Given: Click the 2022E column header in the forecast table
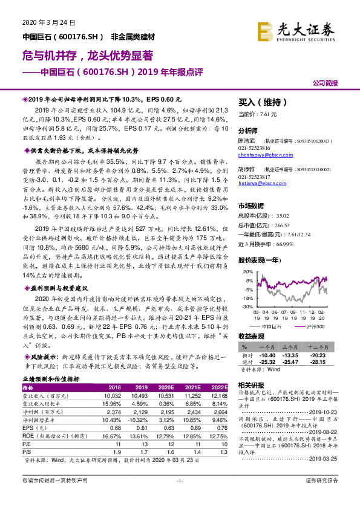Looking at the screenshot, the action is click(218, 387).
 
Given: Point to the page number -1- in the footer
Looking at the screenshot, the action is click(180, 497).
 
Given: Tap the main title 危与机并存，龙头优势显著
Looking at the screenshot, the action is click(88, 55).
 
